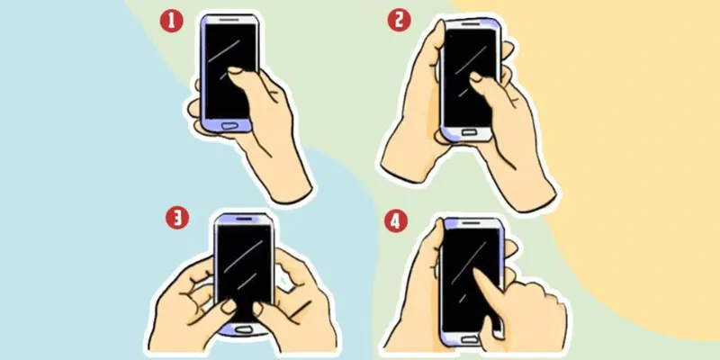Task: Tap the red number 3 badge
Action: pos(178,217)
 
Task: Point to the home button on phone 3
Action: pos(243,328)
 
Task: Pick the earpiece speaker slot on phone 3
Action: pos(243,220)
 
